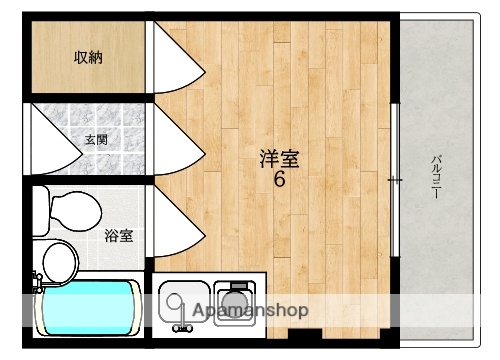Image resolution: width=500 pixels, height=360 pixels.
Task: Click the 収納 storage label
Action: [x=87, y=57]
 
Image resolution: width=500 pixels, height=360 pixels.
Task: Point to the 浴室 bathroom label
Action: [x=120, y=236]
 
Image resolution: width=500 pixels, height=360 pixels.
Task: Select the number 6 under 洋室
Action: [x=280, y=181]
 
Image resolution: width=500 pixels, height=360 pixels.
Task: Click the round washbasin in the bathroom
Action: [x=60, y=262]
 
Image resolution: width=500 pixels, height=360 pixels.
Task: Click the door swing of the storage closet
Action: [x=178, y=62]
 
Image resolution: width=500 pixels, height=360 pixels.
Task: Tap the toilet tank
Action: [x=39, y=209]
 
